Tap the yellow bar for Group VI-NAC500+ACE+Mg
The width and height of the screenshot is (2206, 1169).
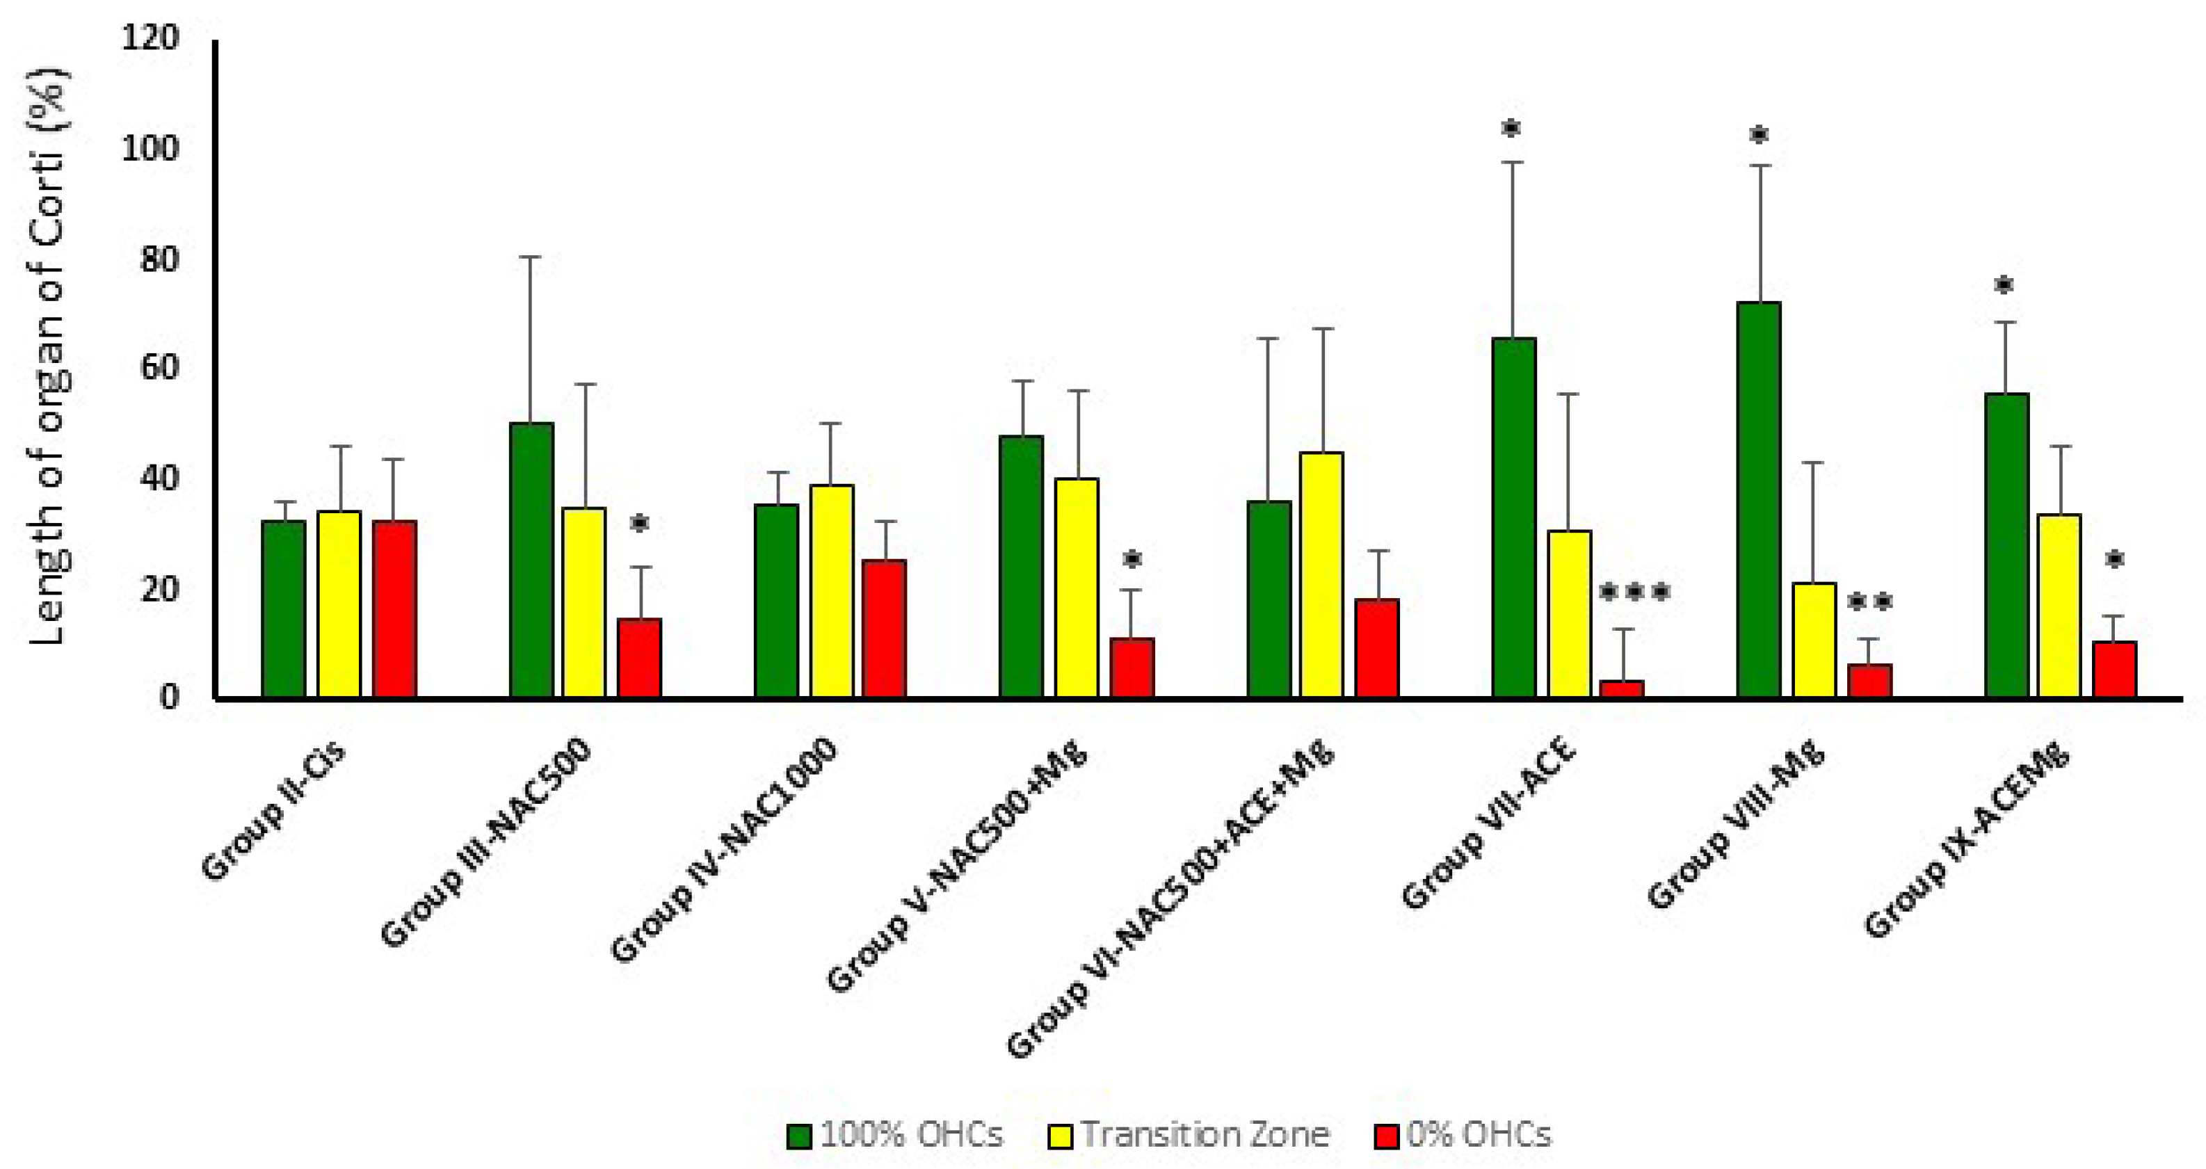pyautogui.click(x=1322, y=574)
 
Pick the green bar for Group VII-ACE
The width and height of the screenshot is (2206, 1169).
pyautogui.click(x=1513, y=517)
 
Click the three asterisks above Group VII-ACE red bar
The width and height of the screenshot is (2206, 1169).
pyautogui.click(x=1634, y=592)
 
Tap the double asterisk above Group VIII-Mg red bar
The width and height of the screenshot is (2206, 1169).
pyautogui.click(x=1869, y=602)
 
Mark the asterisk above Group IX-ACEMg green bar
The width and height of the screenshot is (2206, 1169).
pyautogui.click(x=2003, y=285)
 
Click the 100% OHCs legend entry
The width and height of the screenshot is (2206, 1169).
pyautogui.click(x=895, y=1135)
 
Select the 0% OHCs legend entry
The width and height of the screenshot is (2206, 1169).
pyautogui.click(x=1463, y=1135)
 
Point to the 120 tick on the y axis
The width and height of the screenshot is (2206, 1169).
pyautogui.click(x=151, y=38)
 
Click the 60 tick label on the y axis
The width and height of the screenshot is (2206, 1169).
pyautogui.click(x=159, y=369)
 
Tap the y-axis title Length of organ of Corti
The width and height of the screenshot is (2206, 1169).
pyautogui.click(x=48, y=355)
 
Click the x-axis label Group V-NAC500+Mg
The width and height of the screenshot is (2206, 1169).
pyautogui.click(x=955, y=865)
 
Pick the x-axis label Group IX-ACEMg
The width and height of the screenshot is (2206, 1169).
pyautogui.click(x=1965, y=839)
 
